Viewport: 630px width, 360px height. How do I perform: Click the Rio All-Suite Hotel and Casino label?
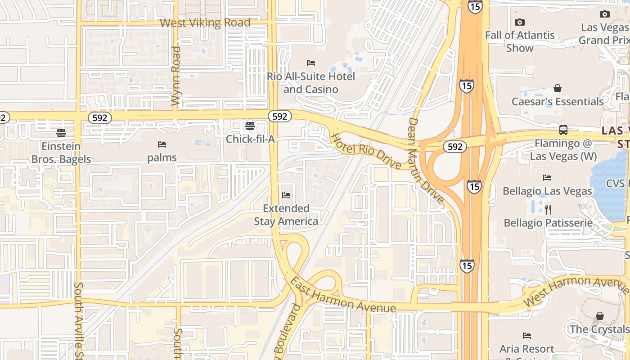pyautogui.click(x=310, y=83)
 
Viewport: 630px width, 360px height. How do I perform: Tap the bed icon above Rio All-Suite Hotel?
pyautogui.click(x=310, y=63)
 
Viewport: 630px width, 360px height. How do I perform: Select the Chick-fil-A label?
pyautogui.click(x=250, y=139)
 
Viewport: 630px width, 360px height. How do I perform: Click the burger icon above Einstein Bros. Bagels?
pyautogui.click(x=61, y=133)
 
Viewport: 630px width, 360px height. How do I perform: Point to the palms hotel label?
pyautogui.click(x=162, y=158)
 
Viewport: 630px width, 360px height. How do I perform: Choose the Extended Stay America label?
pyautogui.click(x=286, y=215)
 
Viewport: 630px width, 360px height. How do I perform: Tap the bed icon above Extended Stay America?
pyautogui.click(x=286, y=195)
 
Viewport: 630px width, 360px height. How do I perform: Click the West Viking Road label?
pyautogui.click(x=205, y=22)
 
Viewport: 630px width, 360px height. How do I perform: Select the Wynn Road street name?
pyautogui.click(x=176, y=76)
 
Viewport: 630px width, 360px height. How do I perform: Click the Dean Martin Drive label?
pyautogui.click(x=425, y=160)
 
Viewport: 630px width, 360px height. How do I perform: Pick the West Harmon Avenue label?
pyautogui.click(x=577, y=290)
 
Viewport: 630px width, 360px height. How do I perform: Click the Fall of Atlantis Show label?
pyautogui.click(x=520, y=41)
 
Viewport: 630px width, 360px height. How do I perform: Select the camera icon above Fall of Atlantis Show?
pyautogui.click(x=520, y=22)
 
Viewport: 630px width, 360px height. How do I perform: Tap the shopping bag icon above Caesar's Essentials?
pyautogui.click(x=558, y=88)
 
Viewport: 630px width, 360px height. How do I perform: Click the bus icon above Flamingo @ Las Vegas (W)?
pyautogui.click(x=563, y=130)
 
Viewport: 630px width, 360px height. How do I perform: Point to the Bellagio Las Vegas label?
pyautogui.click(x=547, y=191)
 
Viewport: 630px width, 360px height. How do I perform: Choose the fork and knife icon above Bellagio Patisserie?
pyautogui.click(x=548, y=209)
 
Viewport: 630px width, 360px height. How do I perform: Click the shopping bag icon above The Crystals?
pyautogui.click(x=599, y=316)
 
